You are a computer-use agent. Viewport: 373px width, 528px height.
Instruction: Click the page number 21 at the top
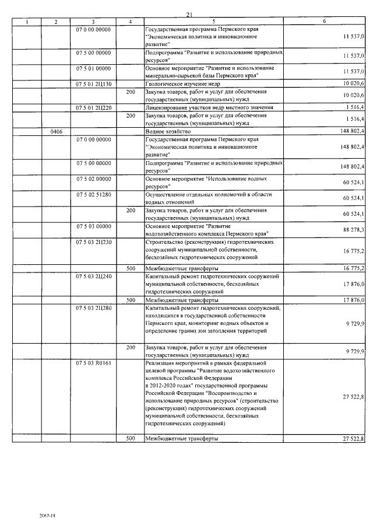[x=189, y=15]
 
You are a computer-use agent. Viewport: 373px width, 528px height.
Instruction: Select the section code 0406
[x=56, y=131]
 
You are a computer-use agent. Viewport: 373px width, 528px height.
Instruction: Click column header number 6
[x=324, y=22]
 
